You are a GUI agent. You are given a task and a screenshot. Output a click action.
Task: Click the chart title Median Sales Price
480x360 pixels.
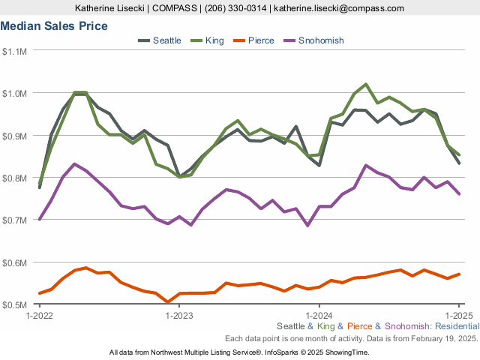(x=54, y=26)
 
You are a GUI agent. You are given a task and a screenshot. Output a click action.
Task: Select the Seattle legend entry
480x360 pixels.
(x=166, y=40)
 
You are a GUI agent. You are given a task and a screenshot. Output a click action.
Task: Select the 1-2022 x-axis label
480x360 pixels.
(x=39, y=315)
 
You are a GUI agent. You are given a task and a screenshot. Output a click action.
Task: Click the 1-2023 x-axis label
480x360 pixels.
(x=178, y=315)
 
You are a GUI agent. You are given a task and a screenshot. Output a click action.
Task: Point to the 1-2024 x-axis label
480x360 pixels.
(x=319, y=315)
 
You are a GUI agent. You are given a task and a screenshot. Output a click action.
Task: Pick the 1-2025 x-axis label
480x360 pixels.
(x=459, y=315)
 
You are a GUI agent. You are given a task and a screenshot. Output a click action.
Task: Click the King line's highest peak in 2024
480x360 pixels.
(x=365, y=85)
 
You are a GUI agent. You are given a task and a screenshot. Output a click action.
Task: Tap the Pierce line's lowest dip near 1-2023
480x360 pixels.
(x=167, y=302)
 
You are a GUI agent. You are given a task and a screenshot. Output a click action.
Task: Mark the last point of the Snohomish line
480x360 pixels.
(x=459, y=194)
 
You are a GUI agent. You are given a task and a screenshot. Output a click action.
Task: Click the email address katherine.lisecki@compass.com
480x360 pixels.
(x=339, y=8)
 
